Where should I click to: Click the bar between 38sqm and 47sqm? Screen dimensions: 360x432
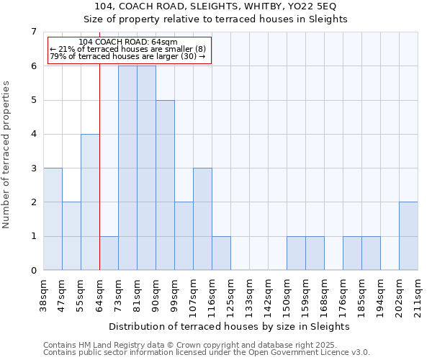coord(53,219)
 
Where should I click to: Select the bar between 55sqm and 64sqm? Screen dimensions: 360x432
coord(90,202)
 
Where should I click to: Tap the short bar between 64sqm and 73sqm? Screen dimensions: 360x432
coord(109,253)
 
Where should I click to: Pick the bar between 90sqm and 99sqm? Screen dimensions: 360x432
coord(165,185)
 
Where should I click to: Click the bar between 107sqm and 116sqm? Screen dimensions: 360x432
coord(202,219)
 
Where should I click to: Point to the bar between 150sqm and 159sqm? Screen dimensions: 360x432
coord(296,253)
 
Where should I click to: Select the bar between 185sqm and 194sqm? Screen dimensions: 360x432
coord(371,253)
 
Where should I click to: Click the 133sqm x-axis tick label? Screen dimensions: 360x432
coord(250,296)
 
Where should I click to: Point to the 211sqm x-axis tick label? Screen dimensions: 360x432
coord(418,296)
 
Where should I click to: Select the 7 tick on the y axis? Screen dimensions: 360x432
coord(33,32)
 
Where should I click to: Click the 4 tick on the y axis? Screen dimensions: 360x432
coord(33,134)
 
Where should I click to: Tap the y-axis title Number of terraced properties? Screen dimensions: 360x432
coord(7,154)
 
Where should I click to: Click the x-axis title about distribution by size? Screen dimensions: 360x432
coord(230,326)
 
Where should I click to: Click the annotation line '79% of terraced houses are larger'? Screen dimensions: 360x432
coord(128,56)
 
